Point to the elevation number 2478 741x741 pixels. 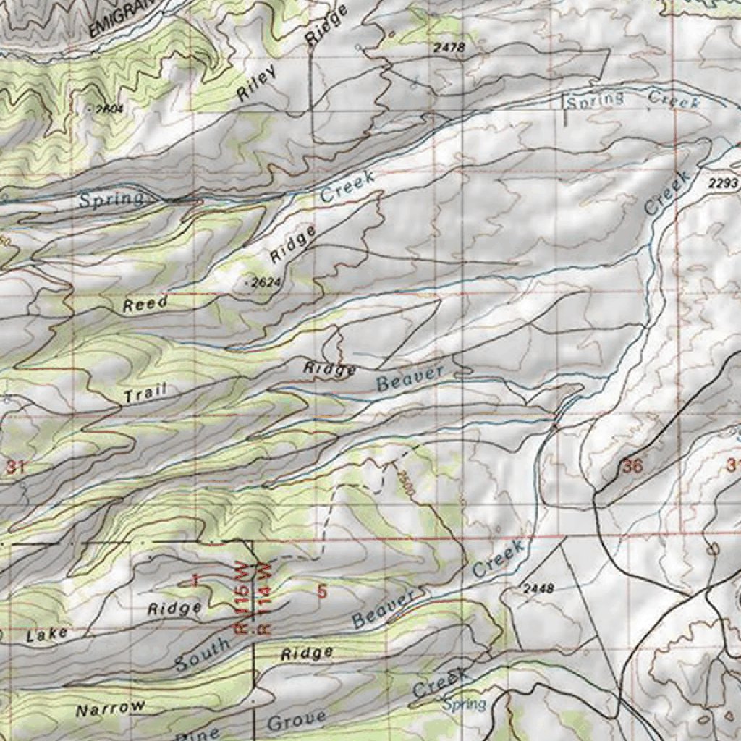[448, 48]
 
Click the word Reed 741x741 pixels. [145, 305]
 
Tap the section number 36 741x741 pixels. [632, 466]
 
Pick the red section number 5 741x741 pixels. [322, 592]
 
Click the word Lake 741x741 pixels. [47, 635]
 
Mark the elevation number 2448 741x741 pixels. [537, 589]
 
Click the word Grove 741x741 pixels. [297, 721]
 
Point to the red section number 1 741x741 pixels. [195, 580]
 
